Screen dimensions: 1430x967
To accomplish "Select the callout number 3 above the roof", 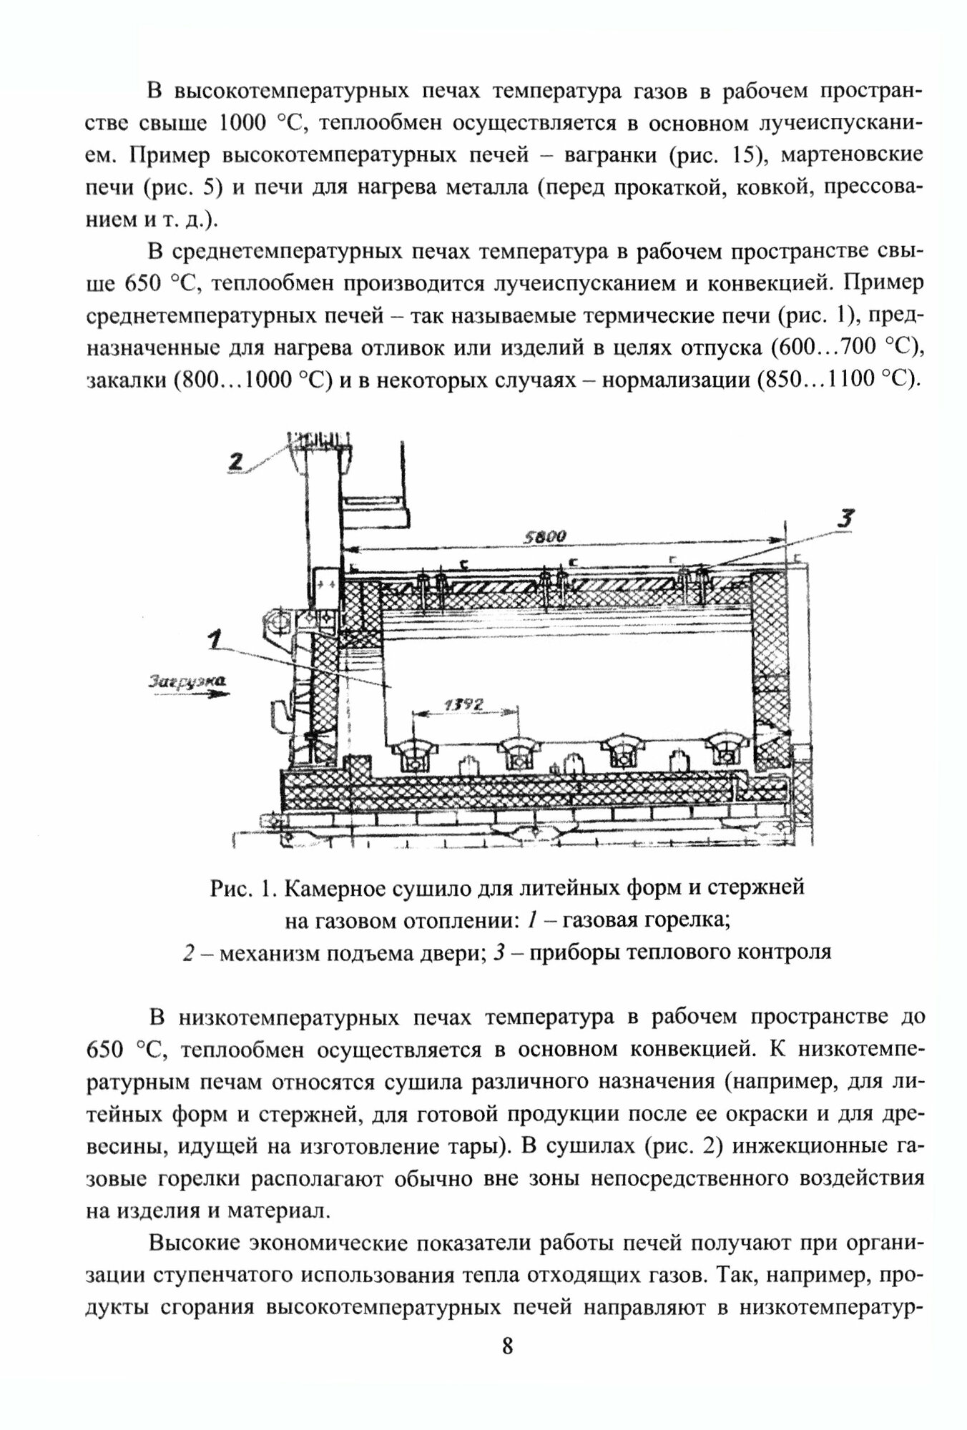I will pyautogui.click(x=846, y=520).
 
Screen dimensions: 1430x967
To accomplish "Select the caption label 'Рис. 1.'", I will pyautogui.click(x=243, y=888).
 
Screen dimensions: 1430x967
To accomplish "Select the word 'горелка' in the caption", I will pyautogui.click(x=680, y=919).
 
